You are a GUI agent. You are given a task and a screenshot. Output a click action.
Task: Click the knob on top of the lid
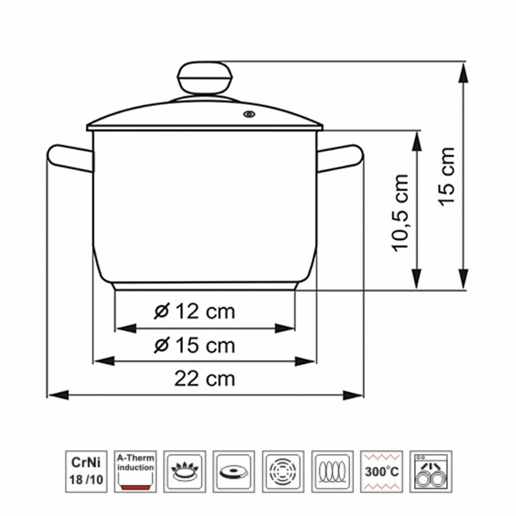pyautogui.click(x=205, y=78)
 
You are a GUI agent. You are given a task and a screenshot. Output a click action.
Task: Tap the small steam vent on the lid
pyautogui.click(x=249, y=114)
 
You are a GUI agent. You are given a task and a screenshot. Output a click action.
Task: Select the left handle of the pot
pyautogui.click(x=70, y=158)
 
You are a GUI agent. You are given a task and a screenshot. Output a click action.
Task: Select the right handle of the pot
pyautogui.click(x=340, y=158)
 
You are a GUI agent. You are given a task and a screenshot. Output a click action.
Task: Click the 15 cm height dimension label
pyautogui.click(x=447, y=177)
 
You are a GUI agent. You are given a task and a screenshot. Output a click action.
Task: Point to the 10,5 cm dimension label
pyautogui.click(x=400, y=213)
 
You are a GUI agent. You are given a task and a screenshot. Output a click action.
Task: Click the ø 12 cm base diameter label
pyautogui.click(x=194, y=311)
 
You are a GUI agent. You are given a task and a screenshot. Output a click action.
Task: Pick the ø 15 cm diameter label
pyautogui.click(x=194, y=345)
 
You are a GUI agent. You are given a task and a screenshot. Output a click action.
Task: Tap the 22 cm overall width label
pyautogui.click(x=205, y=379)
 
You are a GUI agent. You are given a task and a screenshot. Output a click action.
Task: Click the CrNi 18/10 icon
pyautogui.click(x=86, y=471)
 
